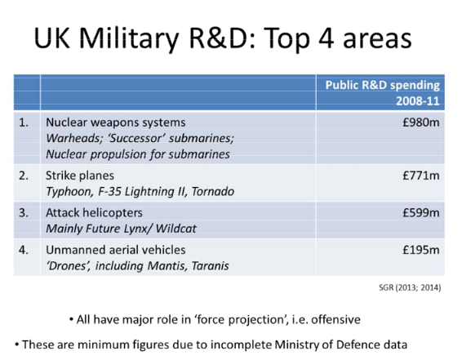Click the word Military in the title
129,39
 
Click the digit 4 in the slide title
326,38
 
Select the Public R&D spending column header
383,93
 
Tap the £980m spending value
421,122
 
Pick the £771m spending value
421,176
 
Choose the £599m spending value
421,213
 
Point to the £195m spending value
421,250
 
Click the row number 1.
24,122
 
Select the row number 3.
24,213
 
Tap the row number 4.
24,250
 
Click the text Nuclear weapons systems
116,122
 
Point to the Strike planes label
80,176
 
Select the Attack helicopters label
94,213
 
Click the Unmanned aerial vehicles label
116,250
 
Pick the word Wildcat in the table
175,229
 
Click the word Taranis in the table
210,266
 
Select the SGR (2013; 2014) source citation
410,287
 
